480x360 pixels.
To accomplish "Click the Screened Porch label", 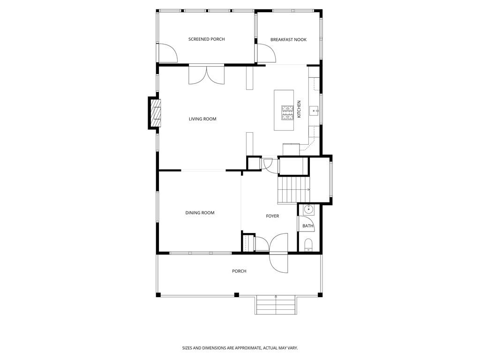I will (206, 39).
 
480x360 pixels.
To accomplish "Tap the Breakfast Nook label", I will (288, 40).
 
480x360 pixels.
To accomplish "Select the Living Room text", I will (202, 119).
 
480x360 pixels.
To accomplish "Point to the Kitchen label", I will (299, 109).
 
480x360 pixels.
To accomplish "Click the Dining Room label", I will (200, 213).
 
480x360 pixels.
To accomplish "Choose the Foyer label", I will (272, 216).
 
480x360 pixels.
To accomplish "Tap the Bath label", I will (307, 226).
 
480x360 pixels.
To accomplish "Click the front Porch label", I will (239, 271).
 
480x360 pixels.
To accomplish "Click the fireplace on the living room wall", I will (156, 113).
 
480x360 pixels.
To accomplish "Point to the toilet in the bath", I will (308, 245).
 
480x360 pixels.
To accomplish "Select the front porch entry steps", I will (276, 305).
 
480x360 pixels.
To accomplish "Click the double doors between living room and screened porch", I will (207, 75).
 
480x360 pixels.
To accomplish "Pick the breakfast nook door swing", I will (266, 53).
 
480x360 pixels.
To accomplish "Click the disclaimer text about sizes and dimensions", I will (240, 348).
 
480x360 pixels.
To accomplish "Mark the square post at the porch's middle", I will (237, 295).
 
